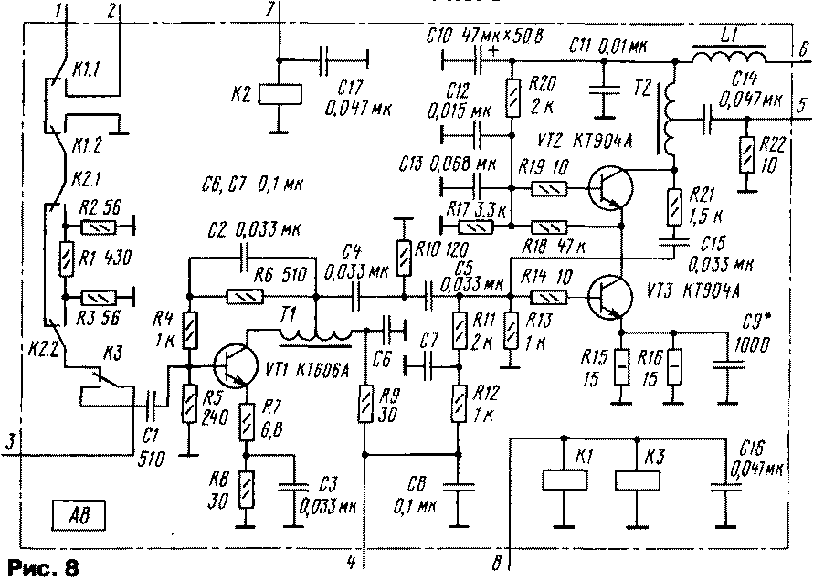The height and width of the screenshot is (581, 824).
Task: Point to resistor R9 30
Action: (x=364, y=403)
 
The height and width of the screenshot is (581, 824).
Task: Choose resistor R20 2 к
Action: (x=512, y=94)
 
